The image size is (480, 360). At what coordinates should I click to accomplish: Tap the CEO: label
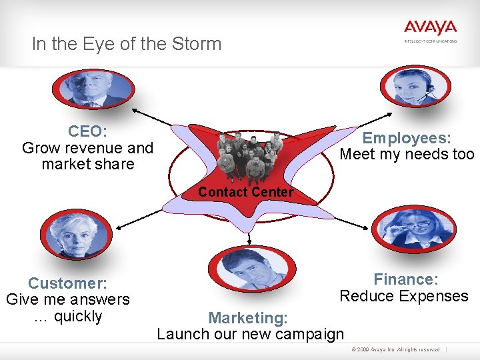click(87, 131)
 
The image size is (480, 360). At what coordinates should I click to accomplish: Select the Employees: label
click(407, 138)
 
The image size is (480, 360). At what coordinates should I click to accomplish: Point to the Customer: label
click(68, 283)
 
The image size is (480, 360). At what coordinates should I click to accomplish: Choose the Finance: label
click(405, 279)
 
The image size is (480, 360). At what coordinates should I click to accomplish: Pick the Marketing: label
click(248, 318)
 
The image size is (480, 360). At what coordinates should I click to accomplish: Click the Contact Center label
click(245, 192)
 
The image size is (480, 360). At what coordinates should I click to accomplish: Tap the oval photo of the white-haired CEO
click(93, 89)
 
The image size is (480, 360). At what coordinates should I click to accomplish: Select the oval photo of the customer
click(73, 234)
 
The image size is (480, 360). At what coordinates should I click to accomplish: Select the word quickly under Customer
click(78, 316)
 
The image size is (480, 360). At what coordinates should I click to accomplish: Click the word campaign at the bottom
click(311, 334)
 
